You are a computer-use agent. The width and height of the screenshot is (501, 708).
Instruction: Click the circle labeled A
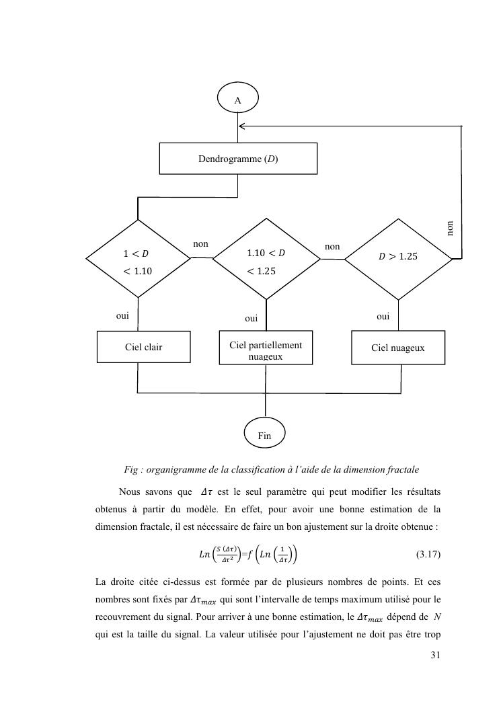pos(237,100)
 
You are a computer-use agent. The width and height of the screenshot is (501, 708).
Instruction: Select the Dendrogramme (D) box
pos(238,159)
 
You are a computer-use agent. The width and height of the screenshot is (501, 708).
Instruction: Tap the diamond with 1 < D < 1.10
pos(138,258)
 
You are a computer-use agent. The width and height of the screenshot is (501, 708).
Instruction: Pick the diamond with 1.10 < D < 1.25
pos(266,258)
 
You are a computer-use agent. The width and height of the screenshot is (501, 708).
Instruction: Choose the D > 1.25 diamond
pos(399,257)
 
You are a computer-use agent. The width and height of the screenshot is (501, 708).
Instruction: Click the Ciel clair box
pos(143,347)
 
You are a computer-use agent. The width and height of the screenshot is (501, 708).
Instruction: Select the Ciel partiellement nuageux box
pos(266,348)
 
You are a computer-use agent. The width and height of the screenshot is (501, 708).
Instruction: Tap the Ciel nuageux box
pos(398,348)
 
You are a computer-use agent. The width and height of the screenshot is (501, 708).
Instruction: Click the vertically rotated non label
pos(450,229)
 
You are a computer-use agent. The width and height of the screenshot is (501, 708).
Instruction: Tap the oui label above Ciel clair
pos(122,315)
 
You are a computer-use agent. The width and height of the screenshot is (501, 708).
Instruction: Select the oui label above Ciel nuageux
pos(383,315)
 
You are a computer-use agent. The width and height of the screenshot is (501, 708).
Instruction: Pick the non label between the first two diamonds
pos(200,244)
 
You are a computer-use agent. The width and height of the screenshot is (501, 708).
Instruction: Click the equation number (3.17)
pos(428,555)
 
